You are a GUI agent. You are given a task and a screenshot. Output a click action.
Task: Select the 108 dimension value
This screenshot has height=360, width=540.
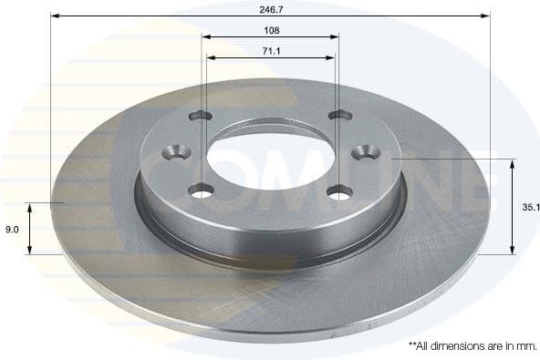(x=270, y=28)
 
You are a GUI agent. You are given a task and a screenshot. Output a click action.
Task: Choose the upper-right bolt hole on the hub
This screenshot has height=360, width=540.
(x=339, y=116)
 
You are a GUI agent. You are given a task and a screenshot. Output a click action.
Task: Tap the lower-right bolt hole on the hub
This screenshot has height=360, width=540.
(x=339, y=192)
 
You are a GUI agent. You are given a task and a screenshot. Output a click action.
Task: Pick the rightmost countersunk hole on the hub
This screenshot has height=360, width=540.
(x=369, y=151)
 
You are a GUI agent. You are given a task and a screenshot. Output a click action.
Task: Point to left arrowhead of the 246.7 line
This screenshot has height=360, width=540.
(x=54, y=15)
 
